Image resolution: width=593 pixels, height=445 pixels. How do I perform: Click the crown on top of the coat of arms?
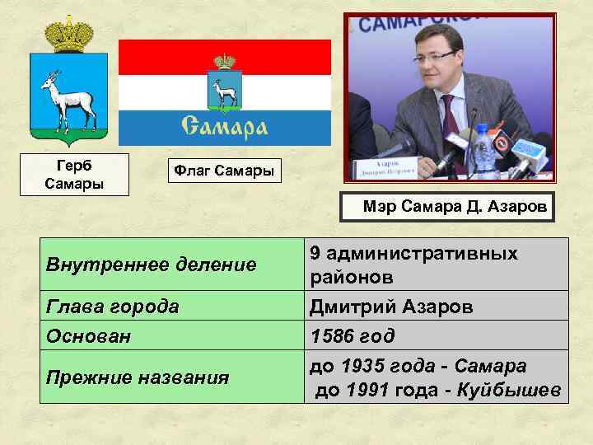coord(68,35)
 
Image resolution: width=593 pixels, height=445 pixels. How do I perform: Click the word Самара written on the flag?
coord(224,126)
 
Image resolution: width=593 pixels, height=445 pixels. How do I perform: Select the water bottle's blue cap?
coord(483,129)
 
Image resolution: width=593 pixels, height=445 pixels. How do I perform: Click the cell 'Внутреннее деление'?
coord(152,265)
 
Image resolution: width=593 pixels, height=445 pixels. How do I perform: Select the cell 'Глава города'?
coord(113,307)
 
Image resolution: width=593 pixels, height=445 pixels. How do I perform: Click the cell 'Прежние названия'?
coord(138,377)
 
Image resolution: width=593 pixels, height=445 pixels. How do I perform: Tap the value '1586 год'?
coord(352,336)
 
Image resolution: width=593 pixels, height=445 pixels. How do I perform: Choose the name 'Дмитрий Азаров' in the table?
coord(391,307)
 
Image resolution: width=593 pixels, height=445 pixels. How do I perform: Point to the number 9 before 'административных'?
coord(315,253)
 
